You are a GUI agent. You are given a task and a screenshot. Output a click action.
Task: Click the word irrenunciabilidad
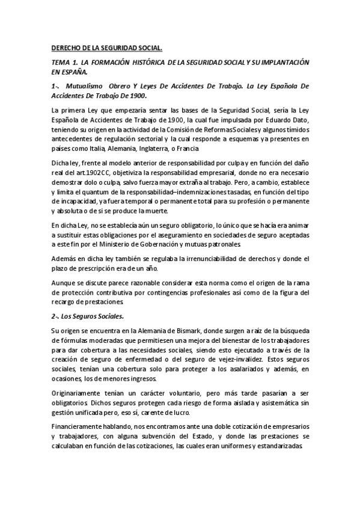200,259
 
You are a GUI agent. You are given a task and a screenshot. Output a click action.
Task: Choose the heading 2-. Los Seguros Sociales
87,315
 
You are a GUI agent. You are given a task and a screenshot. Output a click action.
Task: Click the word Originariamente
76,392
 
